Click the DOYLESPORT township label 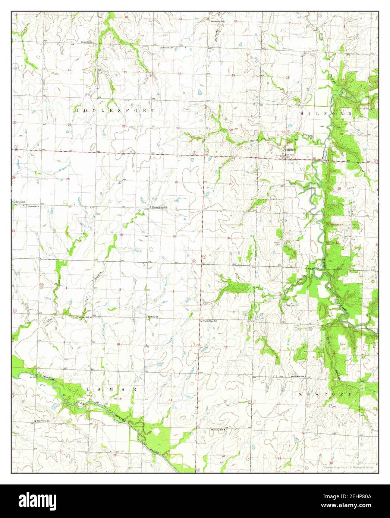pos(115,111)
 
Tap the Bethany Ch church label pos(153,317)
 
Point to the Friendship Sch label pos(298,377)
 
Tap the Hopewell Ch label pos(33,206)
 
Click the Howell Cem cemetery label pos(277,243)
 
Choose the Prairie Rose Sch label pos(210,320)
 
